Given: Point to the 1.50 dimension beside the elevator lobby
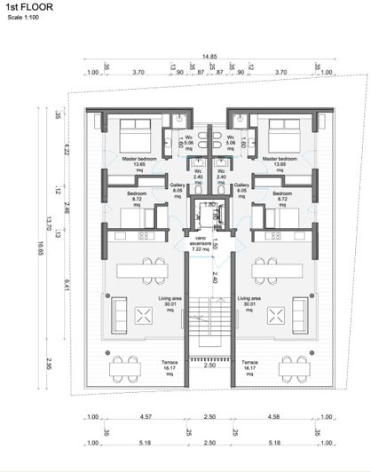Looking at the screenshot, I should [x=213, y=220].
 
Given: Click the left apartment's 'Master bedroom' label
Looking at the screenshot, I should [x=139, y=161].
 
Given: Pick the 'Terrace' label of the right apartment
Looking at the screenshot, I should [x=250, y=363].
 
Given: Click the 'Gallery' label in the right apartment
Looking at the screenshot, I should [x=241, y=185].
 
